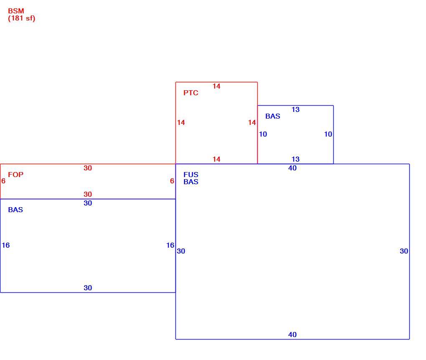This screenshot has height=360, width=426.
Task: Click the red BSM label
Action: (16, 11)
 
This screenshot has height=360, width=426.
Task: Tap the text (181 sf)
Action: (22, 18)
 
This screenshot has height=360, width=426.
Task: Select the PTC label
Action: (191, 93)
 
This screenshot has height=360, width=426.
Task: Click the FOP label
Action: (16, 175)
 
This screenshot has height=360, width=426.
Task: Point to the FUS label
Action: (191, 175)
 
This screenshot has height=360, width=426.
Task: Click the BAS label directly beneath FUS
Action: (191, 182)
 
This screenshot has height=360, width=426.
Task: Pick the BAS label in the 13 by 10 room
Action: (273, 116)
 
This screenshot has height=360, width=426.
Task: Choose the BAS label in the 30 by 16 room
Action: (15, 210)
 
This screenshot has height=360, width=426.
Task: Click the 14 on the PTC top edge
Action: (216, 86)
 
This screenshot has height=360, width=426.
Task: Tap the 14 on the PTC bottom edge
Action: (216, 159)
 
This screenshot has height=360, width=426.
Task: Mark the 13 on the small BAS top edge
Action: (296, 109)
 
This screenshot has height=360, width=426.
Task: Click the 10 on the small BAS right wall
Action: (328, 134)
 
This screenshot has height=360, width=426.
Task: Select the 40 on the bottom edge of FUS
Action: (292, 335)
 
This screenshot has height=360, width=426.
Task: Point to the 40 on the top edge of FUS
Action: (292, 168)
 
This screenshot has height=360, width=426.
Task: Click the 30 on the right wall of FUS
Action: (404, 251)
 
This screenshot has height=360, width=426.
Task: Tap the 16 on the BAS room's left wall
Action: (6, 245)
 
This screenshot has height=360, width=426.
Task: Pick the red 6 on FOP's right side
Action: (172, 181)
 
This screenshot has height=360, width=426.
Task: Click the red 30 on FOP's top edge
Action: (88, 168)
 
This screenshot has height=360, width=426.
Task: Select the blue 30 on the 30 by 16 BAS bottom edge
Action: (88, 288)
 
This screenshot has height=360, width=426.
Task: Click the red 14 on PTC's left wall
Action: (181, 122)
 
